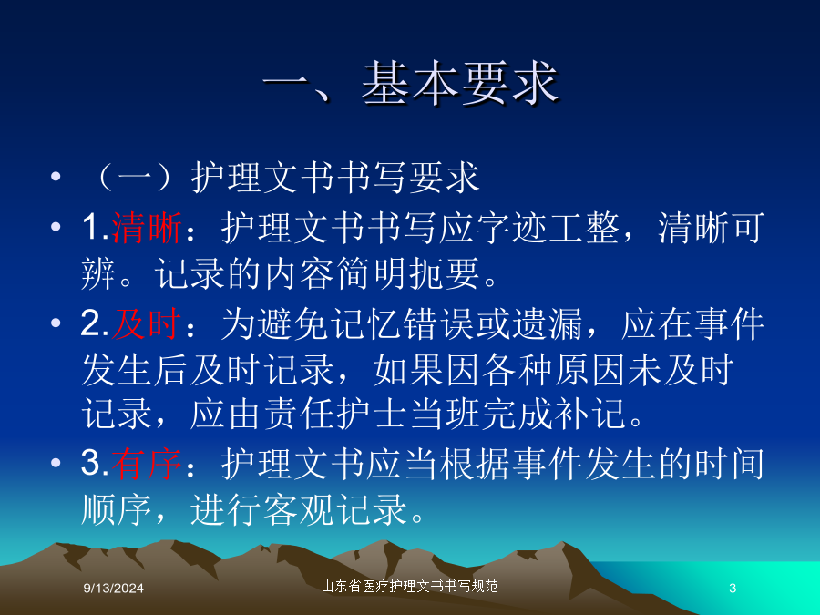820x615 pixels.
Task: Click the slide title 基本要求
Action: (x=460, y=83)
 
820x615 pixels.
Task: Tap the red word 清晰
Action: (x=147, y=228)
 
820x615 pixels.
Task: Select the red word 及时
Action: (x=147, y=323)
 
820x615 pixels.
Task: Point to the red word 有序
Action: (x=147, y=464)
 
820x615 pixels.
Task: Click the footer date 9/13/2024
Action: (x=114, y=589)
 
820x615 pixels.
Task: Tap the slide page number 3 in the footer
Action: (x=733, y=589)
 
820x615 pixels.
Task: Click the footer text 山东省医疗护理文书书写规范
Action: (x=409, y=586)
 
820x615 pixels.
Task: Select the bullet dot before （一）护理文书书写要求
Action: (x=56, y=177)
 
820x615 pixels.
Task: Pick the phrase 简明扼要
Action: (x=408, y=273)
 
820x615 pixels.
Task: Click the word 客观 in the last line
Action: (x=299, y=509)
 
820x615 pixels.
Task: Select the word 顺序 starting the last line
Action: (x=118, y=509)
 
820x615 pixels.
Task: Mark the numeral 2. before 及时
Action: (x=95, y=323)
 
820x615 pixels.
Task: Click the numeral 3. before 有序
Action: (x=95, y=464)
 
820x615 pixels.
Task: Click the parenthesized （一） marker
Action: (x=135, y=177)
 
